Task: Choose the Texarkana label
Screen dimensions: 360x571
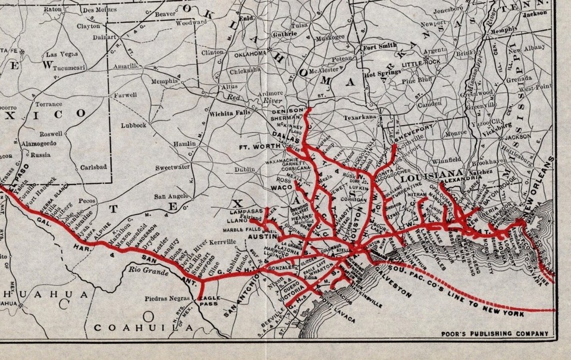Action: coord(360,117)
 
